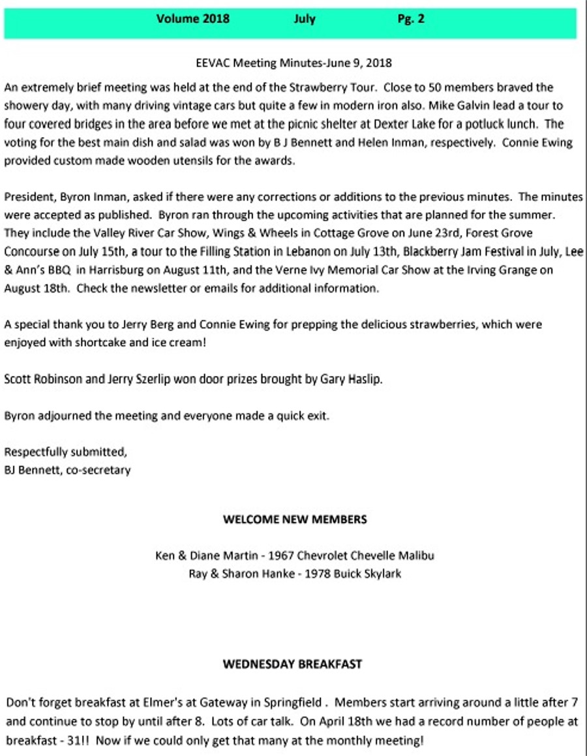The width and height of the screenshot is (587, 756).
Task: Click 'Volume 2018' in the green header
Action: tap(192, 19)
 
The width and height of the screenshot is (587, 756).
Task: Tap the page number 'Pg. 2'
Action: tap(411, 19)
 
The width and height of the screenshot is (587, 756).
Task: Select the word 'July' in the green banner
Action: tap(304, 19)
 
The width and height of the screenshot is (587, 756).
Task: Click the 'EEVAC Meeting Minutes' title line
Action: tap(293, 63)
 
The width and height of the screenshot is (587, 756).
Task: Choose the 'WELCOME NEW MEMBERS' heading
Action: tap(295, 520)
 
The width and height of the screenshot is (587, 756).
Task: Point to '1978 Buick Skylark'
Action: tap(356, 575)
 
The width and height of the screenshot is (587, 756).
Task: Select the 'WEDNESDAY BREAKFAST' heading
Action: tap(292, 665)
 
